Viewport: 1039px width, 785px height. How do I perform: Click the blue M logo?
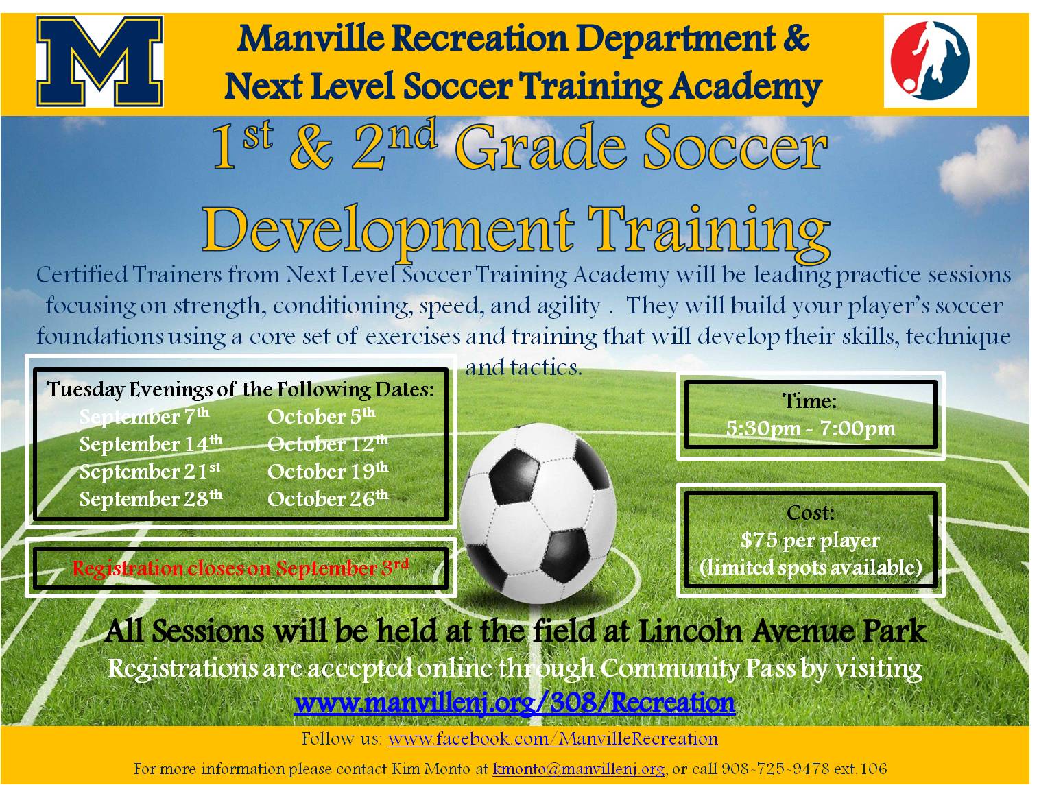99,62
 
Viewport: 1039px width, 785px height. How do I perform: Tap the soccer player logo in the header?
929,61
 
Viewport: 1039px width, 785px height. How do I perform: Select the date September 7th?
144,417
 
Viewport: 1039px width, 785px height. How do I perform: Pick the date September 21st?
150,472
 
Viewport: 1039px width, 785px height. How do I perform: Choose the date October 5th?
321,417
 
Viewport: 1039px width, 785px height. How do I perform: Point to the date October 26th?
327,498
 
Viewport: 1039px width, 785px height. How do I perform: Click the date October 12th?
327,444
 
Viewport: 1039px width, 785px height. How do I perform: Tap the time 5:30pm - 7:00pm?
810,429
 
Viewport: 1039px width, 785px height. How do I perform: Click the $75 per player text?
810,540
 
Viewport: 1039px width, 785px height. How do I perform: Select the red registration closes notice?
240,568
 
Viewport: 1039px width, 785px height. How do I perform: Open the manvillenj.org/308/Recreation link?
514,703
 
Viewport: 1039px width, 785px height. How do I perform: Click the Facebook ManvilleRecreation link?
553,739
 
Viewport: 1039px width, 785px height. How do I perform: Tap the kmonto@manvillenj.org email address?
578,769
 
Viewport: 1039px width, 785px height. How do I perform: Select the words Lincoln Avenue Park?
782,631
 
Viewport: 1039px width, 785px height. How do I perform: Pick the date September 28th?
150,498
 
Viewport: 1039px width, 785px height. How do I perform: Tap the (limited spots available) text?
810,568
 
